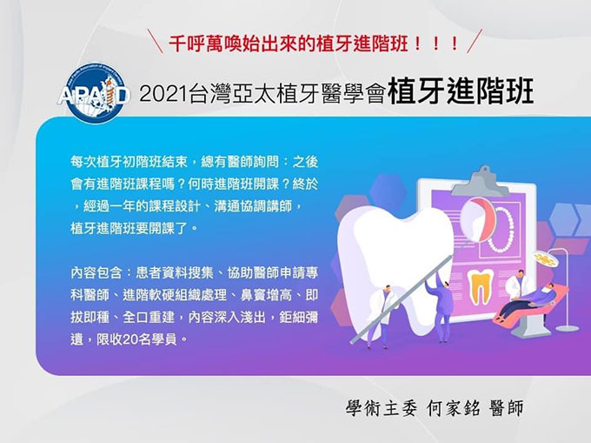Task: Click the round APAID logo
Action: coord(95,93)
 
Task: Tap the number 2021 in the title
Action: coord(163,94)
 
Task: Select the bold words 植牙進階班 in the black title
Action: coord(461,91)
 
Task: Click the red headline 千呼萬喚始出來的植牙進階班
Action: coord(288,43)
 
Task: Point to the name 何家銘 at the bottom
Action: coord(454,407)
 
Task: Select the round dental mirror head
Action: coord(479,219)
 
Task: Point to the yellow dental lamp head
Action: coord(545,258)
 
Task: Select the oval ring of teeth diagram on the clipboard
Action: coord(500,230)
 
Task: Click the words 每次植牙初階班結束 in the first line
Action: coord(129,162)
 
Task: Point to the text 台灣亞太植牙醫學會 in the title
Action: coord(287,94)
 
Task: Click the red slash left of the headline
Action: coord(155,41)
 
